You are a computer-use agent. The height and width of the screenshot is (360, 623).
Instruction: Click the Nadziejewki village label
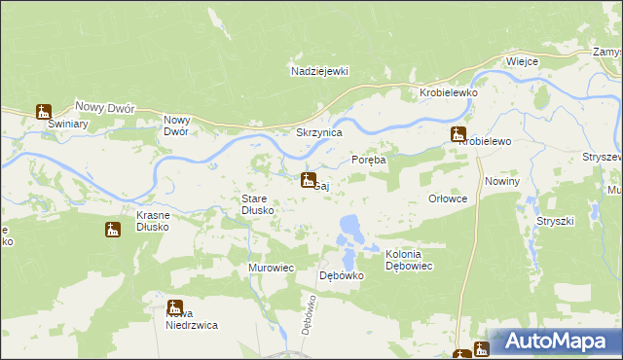click(x=319, y=71)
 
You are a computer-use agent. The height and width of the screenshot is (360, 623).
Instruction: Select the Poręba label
click(x=369, y=160)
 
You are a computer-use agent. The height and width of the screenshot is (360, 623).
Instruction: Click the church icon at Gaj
click(x=308, y=180)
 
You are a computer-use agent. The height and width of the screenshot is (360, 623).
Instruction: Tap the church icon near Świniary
click(x=44, y=112)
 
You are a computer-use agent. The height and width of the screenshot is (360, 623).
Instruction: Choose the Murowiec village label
click(x=272, y=268)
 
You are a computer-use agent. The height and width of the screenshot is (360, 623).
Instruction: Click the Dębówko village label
click(x=342, y=275)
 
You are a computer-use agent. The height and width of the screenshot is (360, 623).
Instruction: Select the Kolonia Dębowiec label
click(x=409, y=260)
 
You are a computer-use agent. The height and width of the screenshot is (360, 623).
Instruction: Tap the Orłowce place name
click(x=449, y=198)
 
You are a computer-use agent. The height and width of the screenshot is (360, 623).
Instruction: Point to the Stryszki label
click(x=555, y=221)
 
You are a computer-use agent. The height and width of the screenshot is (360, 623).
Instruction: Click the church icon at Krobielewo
click(x=458, y=135)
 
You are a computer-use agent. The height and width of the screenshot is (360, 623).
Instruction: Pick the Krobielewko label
click(x=446, y=91)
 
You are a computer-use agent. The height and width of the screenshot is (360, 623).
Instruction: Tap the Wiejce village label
click(x=523, y=61)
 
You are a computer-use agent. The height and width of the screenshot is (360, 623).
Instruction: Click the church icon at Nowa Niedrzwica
click(x=175, y=306)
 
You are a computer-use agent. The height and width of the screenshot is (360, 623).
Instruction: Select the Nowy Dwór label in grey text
click(x=104, y=108)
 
